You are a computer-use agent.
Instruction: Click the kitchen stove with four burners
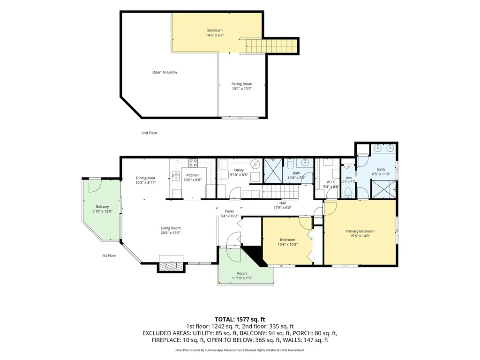(x=193, y=163)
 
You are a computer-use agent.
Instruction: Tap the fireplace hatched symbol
(x=171, y=266)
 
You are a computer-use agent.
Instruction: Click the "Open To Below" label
(x=165, y=72)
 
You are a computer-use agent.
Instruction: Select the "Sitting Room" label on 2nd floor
(x=242, y=84)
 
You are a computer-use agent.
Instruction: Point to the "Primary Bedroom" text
(x=360, y=231)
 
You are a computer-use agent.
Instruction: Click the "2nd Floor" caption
(x=150, y=133)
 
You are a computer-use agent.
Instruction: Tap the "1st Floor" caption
(x=109, y=255)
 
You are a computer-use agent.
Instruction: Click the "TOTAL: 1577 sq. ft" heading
(x=240, y=320)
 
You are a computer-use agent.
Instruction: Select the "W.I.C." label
(x=331, y=182)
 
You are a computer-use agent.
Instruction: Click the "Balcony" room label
(x=103, y=207)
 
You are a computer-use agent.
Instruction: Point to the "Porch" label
(x=242, y=273)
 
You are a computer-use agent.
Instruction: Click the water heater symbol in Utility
(x=255, y=165)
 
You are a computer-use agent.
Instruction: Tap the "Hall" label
(x=283, y=203)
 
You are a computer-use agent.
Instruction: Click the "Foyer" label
(x=230, y=211)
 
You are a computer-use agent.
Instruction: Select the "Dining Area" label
(x=145, y=178)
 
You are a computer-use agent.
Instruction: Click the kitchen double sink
(x=176, y=177)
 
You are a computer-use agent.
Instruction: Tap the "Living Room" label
(x=171, y=228)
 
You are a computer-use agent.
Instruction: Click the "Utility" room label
(x=239, y=170)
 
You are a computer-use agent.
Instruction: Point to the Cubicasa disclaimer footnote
(x=240, y=350)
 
